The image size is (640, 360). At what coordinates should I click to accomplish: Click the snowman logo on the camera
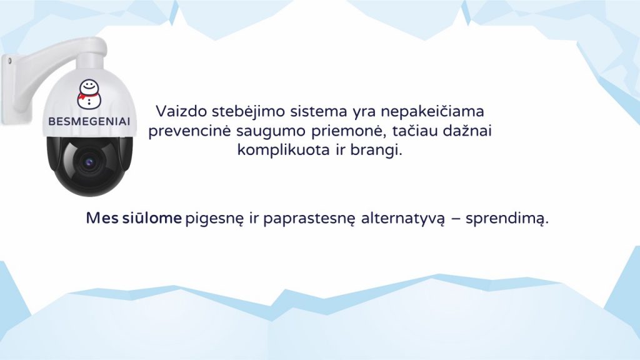coord(89,94)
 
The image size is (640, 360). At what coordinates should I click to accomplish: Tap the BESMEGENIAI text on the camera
coord(89,122)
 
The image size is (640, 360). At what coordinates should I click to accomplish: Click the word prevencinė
coord(190,131)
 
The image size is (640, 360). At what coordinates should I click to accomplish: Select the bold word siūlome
coord(152,218)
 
